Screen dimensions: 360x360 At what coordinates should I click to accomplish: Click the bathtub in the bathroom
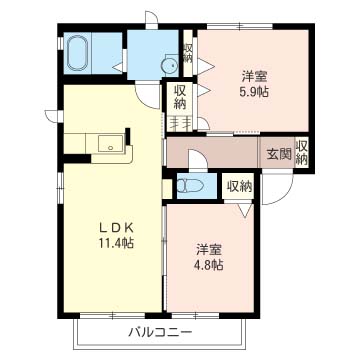80,55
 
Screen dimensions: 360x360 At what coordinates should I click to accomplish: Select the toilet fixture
189,186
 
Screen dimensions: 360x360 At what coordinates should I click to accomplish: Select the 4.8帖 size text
208,265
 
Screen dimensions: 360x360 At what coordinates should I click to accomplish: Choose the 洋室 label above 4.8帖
208,248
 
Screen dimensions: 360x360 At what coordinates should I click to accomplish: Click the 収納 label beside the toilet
239,186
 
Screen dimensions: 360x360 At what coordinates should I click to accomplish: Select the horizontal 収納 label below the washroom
180,97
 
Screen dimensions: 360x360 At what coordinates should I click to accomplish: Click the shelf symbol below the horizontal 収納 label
181,123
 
